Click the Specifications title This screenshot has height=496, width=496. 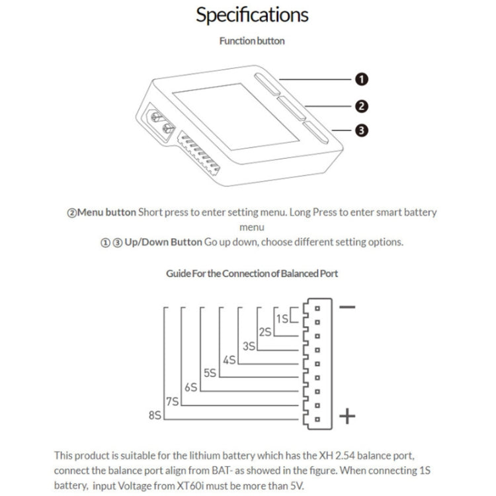(252, 15)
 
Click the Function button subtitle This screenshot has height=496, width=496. (252, 41)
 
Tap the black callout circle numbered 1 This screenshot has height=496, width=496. (362, 79)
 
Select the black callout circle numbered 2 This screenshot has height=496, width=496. (362, 106)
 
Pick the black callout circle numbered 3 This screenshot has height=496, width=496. (362, 131)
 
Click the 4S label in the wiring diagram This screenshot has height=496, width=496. (229, 360)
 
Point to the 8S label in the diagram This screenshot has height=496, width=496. (155, 415)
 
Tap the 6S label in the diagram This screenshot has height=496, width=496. (191, 388)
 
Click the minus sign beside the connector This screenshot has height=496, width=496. (347, 307)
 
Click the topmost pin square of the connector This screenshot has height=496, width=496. (318, 309)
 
